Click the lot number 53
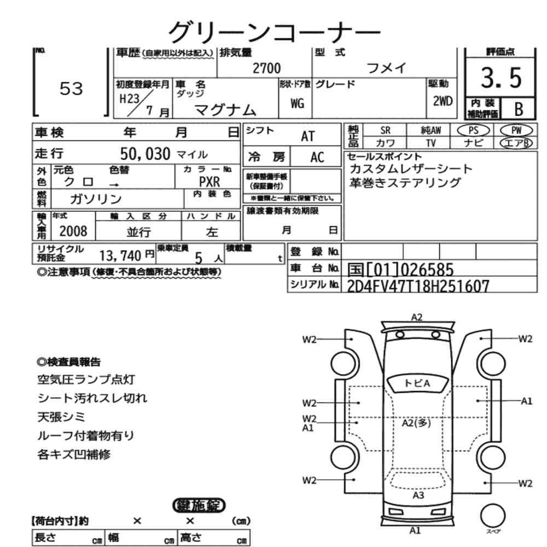point(71,88)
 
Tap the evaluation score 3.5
point(501,78)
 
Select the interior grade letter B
point(519,109)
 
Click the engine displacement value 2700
point(266,68)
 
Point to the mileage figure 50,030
point(145,154)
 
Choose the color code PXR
point(210,182)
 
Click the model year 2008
point(73,231)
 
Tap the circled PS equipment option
point(473,131)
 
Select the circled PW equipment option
point(516,131)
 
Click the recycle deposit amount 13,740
point(120,255)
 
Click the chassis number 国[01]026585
point(400,269)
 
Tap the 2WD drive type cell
point(443,101)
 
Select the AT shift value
point(307,136)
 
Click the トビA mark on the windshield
point(417,383)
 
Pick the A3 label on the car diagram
point(418,495)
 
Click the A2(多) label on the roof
point(416,423)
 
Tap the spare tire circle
point(493,516)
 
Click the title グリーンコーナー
point(274,32)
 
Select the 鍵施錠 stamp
point(199,505)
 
